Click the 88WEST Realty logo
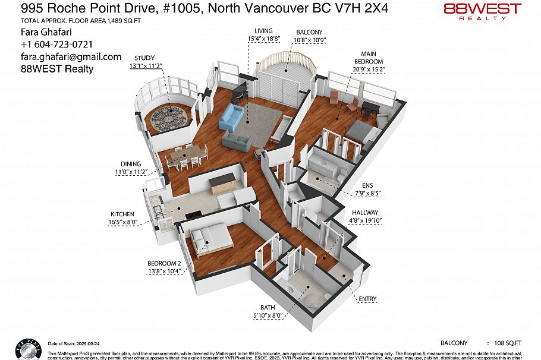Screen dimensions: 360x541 coord(482,11)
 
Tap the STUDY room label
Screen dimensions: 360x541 coord(145,58)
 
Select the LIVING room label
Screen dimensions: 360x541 coord(263,31)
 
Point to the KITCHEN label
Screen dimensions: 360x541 coord(122,214)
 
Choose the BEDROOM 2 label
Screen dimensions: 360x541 coord(163,263)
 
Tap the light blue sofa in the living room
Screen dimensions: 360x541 coord(231,118)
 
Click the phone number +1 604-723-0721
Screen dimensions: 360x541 coord(56,45)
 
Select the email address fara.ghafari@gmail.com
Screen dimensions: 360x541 coord(71,57)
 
